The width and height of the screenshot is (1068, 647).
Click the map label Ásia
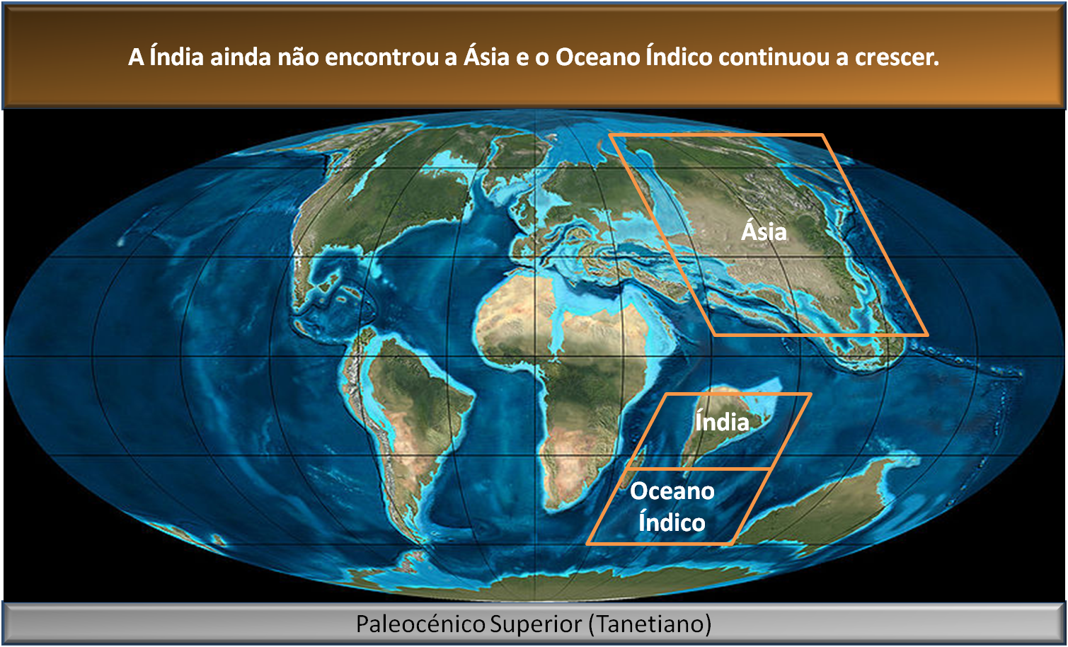(x=764, y=231)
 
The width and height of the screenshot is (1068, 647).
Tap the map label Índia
(x=721, y=422)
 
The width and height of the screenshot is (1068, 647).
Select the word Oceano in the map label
(x=672, y=491)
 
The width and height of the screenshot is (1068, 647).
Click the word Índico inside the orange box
(x=672, y=522)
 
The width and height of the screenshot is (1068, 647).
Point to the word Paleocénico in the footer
(x=420, y=624)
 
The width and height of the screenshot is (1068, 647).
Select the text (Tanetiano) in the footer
(x=650, y=624)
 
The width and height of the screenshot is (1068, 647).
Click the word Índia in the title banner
(x=177, y=57)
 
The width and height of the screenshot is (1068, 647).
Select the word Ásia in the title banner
(x=486, y=57)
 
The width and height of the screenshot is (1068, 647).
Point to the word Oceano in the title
(x=598, y=57)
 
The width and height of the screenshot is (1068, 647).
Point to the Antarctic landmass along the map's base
(x=538, y=588)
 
